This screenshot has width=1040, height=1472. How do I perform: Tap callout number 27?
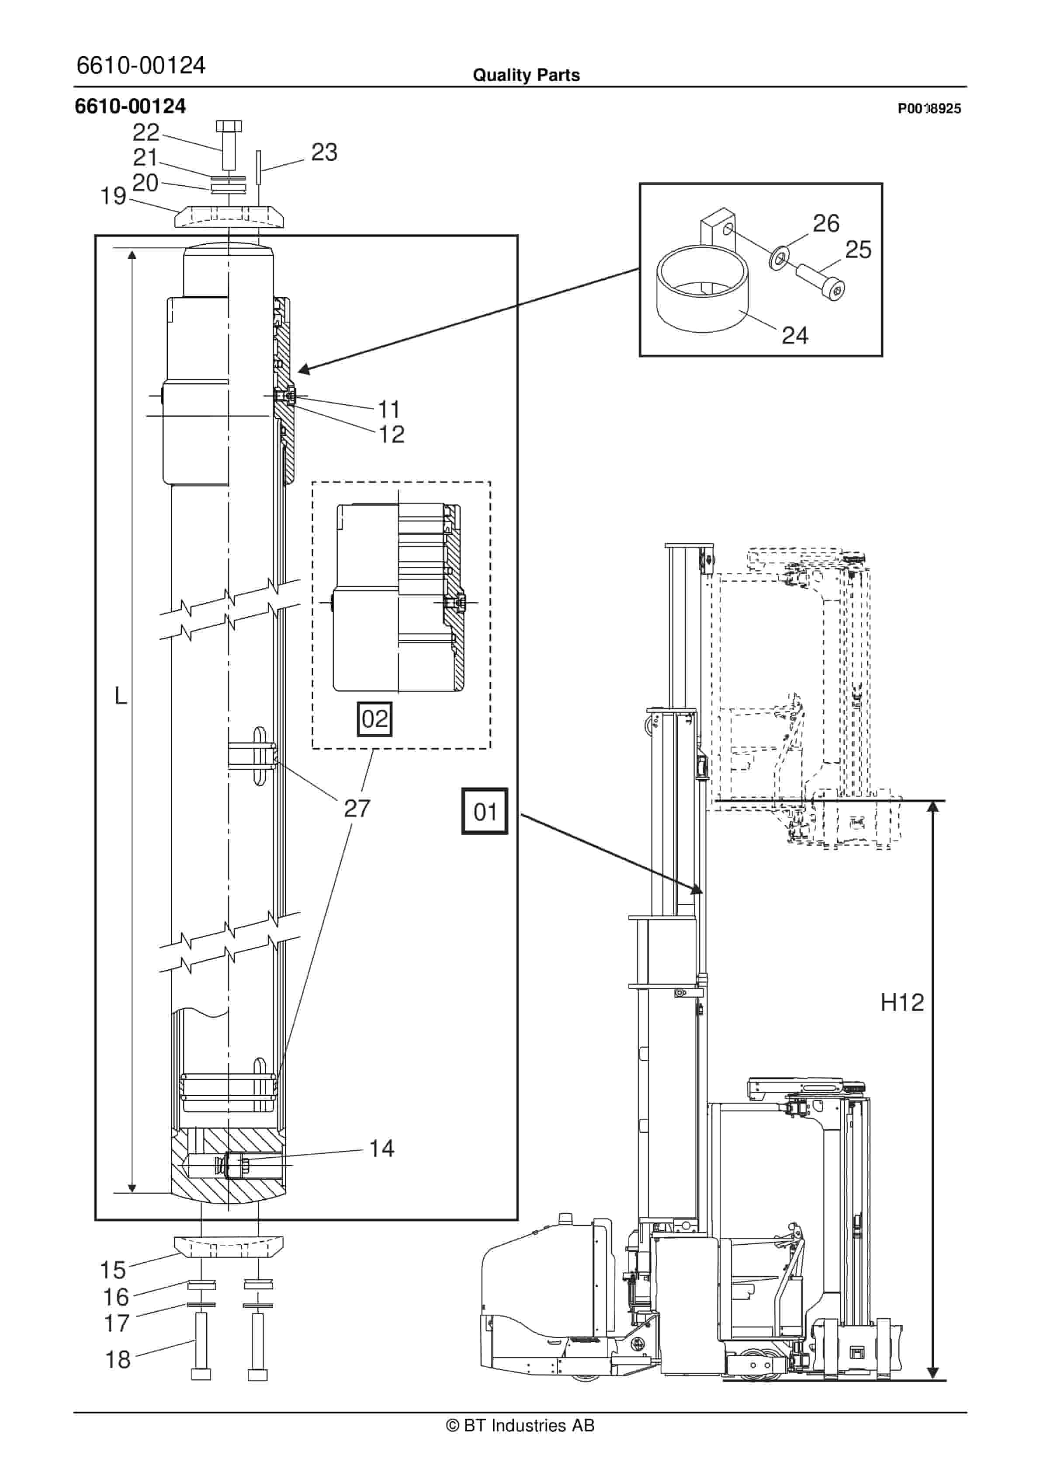point(357,809)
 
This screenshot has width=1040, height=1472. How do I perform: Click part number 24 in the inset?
point(795,335)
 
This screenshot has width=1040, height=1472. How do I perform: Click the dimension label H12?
point(902,1002)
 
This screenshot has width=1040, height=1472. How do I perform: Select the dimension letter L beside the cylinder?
point(121,696)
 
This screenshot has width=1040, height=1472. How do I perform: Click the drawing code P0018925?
point(929,108)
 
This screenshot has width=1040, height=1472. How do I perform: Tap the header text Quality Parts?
point(527,75)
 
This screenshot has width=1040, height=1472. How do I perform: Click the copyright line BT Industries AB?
point(520,1425)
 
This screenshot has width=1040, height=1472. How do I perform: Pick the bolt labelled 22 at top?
point(228,144)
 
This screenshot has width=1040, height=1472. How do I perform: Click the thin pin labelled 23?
point(258,167)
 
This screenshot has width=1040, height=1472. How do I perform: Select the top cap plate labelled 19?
point(228,217)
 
